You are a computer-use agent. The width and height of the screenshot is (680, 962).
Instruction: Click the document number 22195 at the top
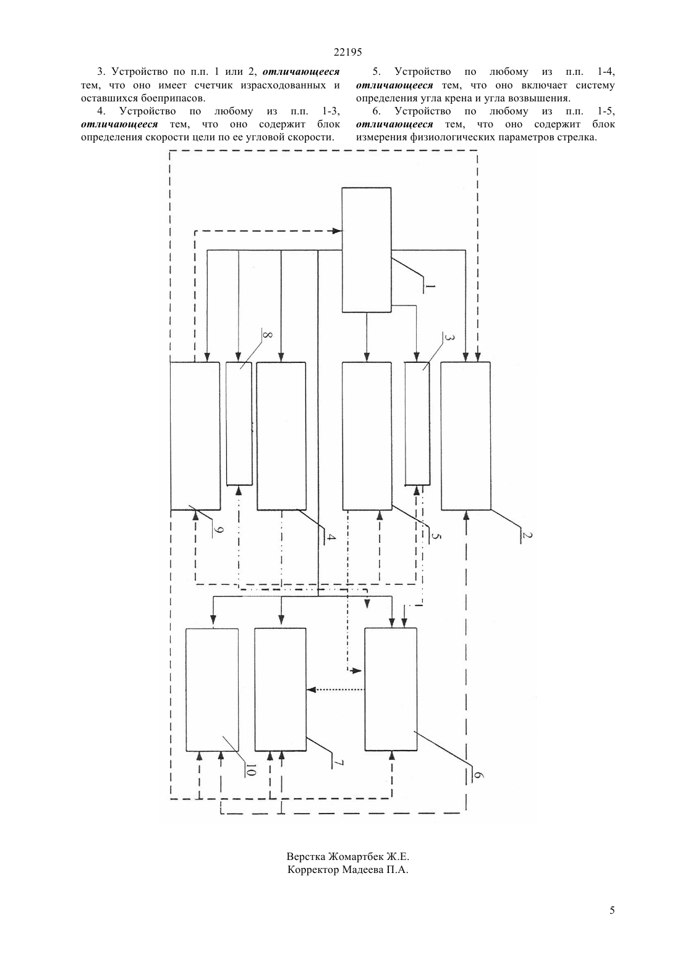click(x=347, y=52)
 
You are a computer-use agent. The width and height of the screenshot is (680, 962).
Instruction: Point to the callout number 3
click(x=448, y=338)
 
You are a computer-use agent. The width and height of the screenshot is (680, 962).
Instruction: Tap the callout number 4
click(x=330, y=537)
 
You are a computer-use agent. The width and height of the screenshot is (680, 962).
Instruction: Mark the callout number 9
click(x=218, y=530)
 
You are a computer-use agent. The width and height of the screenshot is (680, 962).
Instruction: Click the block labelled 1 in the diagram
click(x=366, y=250)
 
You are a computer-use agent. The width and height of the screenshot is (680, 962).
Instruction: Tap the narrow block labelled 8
click(x=239, y=424)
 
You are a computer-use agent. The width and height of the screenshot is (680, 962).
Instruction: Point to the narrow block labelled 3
click(x=417, y=424)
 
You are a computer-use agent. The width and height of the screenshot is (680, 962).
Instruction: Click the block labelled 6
click(x=391, y=689)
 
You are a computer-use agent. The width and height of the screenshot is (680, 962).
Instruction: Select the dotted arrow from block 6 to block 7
click(x=336, y=690)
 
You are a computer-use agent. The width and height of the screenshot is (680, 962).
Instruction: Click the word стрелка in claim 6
click(x=577, y=137)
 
